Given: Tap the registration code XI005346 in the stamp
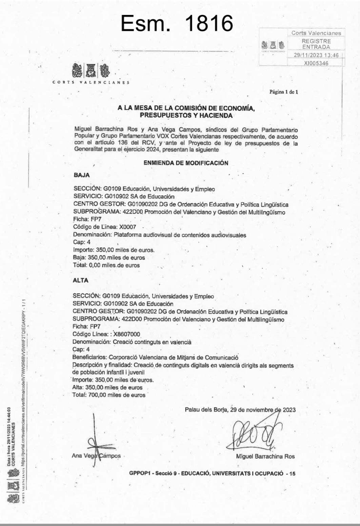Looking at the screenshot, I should pos(316,63).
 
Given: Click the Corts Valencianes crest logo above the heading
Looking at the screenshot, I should pos(91,71).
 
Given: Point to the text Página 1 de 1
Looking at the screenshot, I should pos(284,92).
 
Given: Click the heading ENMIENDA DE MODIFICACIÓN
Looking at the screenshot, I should pos(186,163).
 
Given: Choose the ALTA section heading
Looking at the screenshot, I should pos(80,280).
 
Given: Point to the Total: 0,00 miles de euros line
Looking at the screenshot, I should pos(106,265).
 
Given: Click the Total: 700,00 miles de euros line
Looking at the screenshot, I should pos(109,395).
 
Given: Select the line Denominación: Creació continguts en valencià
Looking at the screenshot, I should pos(132,342).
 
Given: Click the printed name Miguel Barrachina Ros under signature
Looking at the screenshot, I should pos(265,456).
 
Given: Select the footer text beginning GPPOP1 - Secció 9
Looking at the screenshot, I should pos(212,473).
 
